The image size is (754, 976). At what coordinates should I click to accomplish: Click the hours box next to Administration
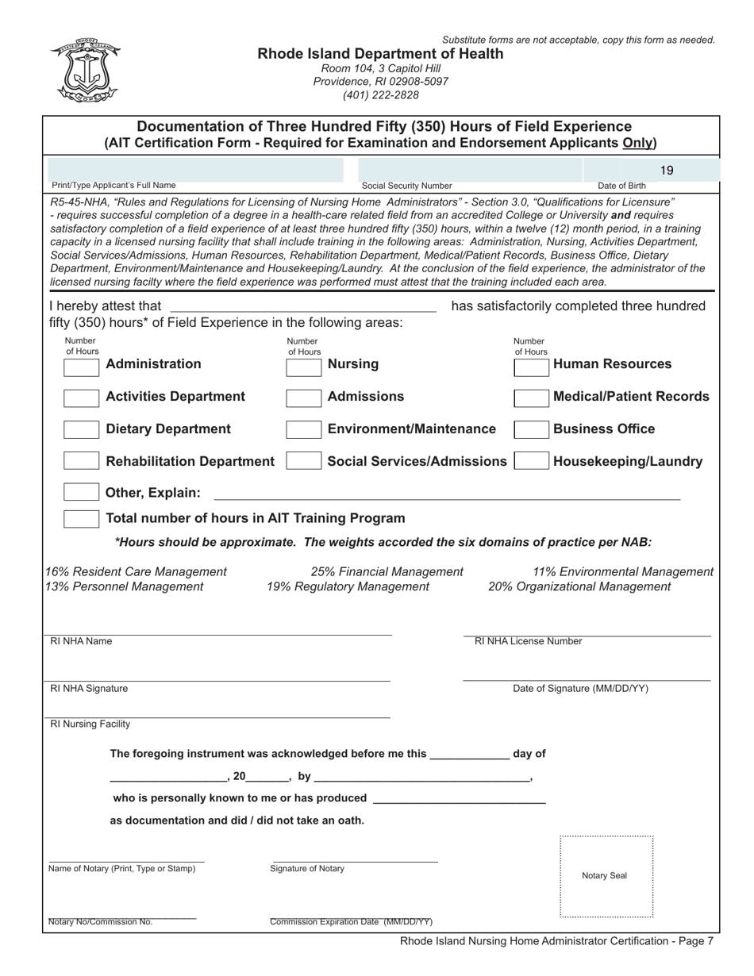[x=81, y=366]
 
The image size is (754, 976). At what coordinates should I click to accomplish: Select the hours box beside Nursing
[x=303, y=366]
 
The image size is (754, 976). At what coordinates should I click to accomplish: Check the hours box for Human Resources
[x=531, y=366]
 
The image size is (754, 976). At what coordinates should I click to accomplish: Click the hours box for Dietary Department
[x=81, y=430]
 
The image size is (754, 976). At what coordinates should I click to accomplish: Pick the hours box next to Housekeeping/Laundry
[x=531, y=462]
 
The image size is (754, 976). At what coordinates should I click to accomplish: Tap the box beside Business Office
[x=531, y=430]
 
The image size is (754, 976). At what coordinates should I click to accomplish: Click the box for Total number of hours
[x=81, y=519]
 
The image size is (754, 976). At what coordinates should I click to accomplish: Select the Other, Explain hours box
[x=81, y=493]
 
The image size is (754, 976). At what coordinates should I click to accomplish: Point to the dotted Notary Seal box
[x=606, y=876]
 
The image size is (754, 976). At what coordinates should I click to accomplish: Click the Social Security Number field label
[x=406, y=186]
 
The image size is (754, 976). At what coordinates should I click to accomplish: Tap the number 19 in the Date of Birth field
[x=667, y=170]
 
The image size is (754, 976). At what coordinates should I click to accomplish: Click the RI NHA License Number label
[x=528, y=641]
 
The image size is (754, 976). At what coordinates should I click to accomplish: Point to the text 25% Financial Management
[x=387, y=571]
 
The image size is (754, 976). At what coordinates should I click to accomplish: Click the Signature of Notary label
[x=307, y=869]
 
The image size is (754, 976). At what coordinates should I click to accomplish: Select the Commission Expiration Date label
[x=351, y=922]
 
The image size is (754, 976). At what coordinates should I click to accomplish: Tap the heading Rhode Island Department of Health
[x=380, y=54]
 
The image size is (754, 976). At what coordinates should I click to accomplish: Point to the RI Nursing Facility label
[x=90, y=724]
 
